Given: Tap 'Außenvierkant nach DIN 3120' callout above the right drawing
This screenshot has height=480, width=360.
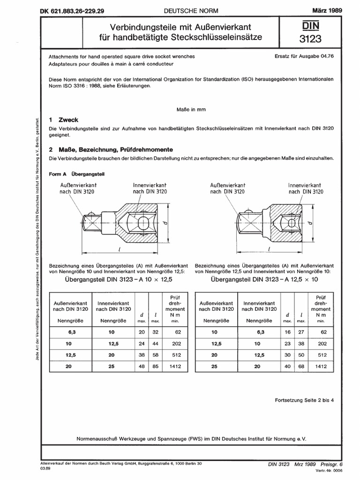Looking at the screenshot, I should [216, 188].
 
